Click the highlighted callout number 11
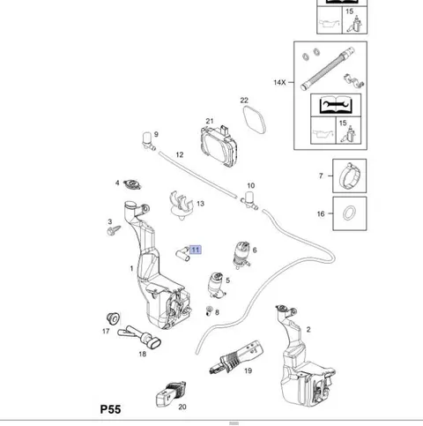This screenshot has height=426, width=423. (196, 250)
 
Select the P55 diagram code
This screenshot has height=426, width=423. (110, 409)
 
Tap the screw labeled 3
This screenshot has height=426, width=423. (114, 230)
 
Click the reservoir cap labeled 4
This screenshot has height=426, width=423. (132, 184)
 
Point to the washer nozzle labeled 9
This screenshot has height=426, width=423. (148, 141)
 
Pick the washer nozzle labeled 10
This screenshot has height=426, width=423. (249, 200)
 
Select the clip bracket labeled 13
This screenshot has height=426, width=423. (182, 206)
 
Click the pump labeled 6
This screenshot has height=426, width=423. (241, 255)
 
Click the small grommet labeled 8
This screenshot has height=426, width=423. (209, 310)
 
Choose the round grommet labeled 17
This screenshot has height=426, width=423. (113, 318)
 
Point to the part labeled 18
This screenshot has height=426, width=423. (139, 337)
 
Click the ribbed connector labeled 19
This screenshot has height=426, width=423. (235, 358)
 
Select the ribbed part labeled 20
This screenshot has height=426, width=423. (171, 394)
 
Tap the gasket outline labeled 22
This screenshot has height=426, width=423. (255, 120)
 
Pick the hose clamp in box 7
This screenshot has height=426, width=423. (350, 176)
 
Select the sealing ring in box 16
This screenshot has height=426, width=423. (350, 213)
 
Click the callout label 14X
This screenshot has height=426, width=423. (279, 82)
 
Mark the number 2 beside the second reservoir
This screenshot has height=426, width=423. (308, 330)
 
